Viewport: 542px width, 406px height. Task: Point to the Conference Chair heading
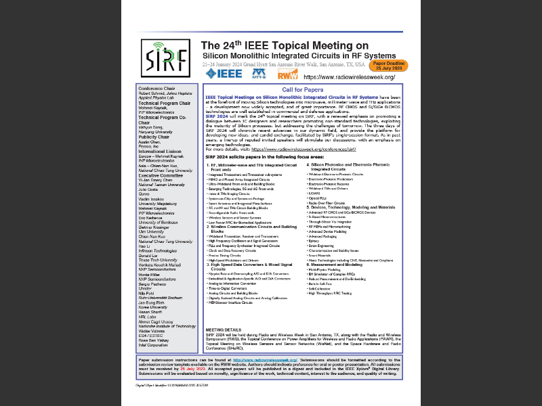click(157, 89)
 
